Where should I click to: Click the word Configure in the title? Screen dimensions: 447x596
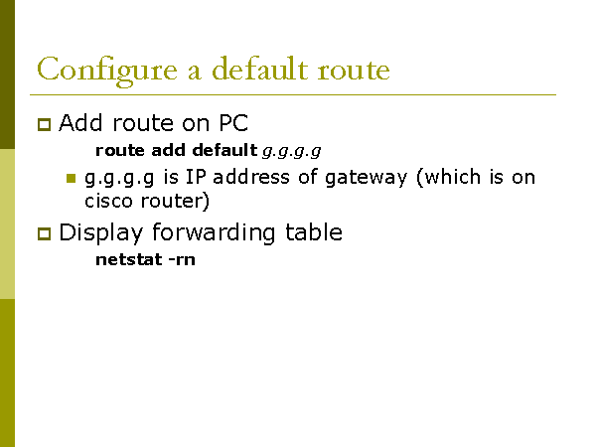click(91, 71)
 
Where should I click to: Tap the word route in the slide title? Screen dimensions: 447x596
click(349, 71)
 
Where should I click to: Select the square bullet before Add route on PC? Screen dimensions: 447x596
click(43, 125)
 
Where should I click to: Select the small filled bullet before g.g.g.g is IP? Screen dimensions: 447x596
click(71, 179)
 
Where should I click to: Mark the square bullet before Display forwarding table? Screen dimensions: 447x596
click(43, 234)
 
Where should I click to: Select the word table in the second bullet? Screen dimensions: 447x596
click(309, 233)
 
